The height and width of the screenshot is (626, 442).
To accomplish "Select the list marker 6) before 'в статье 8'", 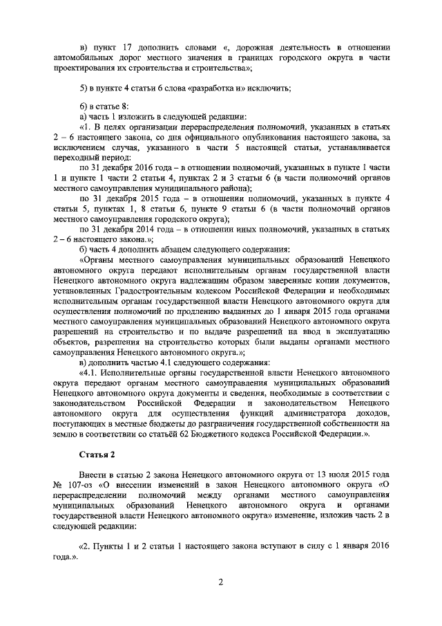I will tap(85, 106).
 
